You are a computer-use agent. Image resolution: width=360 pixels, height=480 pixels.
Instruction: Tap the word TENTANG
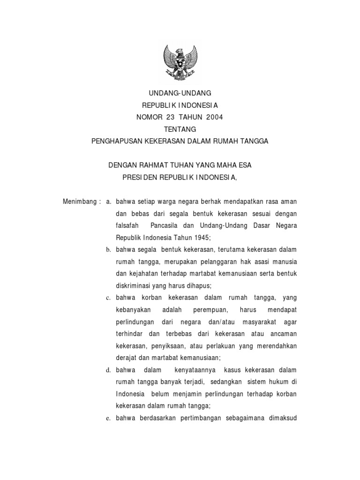tap(180, 129)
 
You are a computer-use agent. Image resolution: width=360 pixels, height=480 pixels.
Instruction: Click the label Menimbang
tap(80, 201)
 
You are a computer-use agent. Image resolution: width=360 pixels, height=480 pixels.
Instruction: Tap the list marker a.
tap(108, 201)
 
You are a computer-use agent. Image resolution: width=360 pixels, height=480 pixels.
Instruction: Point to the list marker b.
tap(108, 249)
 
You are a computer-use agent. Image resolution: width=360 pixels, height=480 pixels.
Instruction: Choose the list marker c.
tap(108, 298)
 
